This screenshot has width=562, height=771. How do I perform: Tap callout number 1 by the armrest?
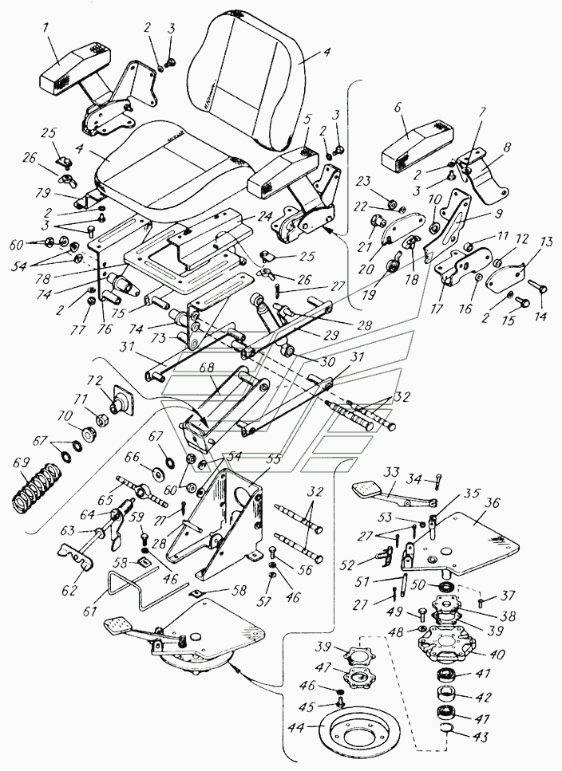tap(46, 29)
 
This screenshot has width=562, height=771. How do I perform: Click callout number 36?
tap(492, 503)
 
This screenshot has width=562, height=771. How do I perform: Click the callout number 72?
tap(97, 380)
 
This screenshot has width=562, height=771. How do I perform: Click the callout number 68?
tap(208, 368)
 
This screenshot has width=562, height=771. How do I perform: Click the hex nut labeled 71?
tap(102, 421)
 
